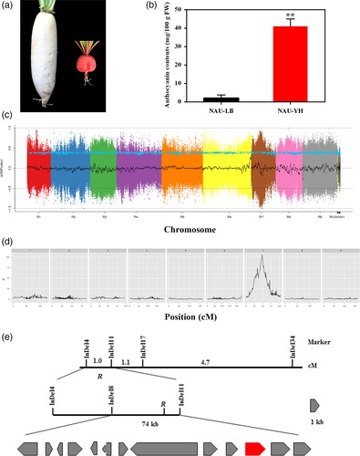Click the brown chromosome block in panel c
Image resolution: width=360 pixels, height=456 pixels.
coord(262,165)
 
